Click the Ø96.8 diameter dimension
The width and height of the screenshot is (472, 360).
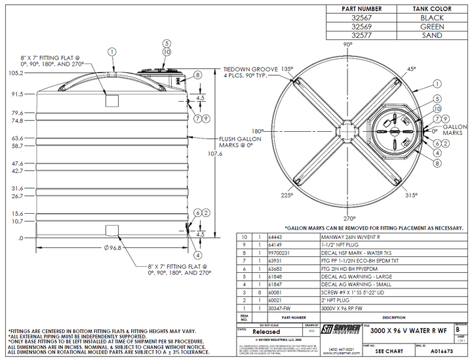(x=113, y=249)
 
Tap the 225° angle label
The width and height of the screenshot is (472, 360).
(x=286, y=195)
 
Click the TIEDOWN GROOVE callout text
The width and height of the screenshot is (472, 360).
(x=248, y=68)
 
